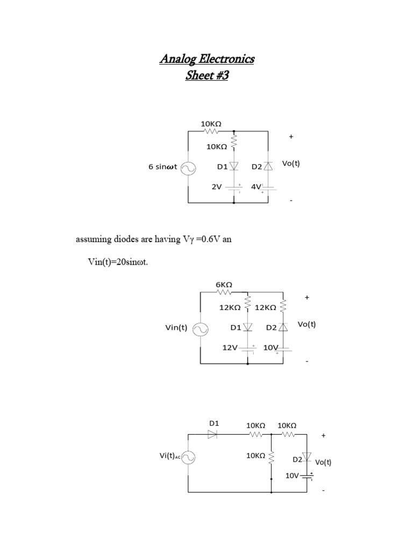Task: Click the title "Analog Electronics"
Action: point(206,59)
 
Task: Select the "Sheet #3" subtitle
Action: point(206,75)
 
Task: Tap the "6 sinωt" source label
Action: point(162,167)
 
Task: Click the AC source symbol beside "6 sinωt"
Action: point(188,168)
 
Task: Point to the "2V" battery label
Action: point(216,187)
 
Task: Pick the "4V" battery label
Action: point(256,187)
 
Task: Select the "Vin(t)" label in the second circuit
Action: point(176,327)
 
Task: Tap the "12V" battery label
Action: point(230,348)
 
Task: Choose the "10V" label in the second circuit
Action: point(270,348)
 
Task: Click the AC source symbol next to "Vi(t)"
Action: point(189,457)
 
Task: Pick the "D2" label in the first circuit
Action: point(257,167)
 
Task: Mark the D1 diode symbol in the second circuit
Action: point(247,327)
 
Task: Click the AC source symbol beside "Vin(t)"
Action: point(201,328)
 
